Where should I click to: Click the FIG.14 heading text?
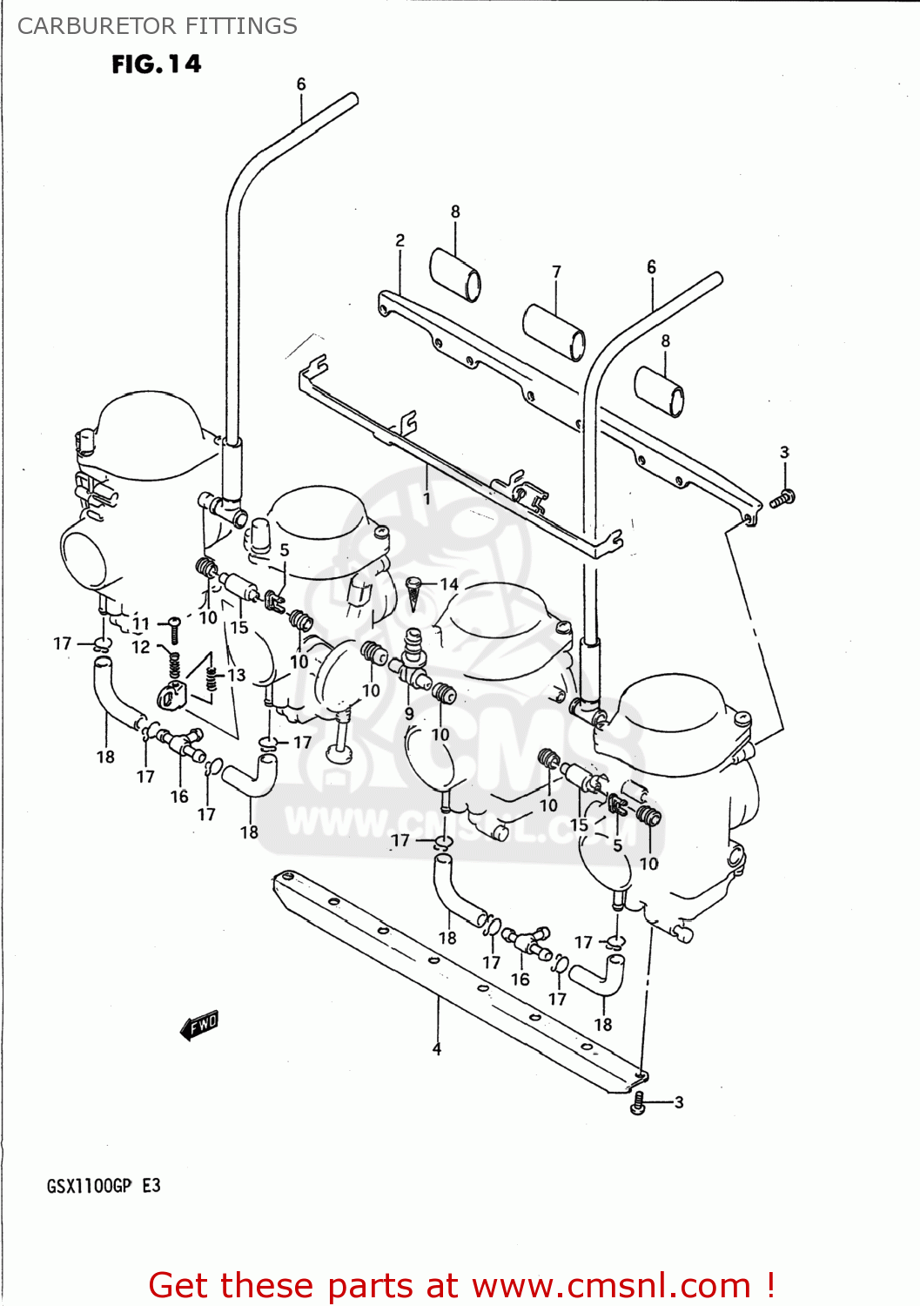coord(156,64)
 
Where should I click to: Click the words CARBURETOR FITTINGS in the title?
coord(158,26)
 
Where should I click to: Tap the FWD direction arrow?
coord(200,1025)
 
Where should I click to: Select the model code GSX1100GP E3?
coord(103,1186)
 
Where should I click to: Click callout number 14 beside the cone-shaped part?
coord(449,584)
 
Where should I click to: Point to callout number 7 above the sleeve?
coord(556,273)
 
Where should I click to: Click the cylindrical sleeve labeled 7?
coord(554,332)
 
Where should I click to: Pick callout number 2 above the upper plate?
coord(400,241)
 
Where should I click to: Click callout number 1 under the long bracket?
coord(426,499)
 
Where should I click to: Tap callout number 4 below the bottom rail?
coord(437,1049)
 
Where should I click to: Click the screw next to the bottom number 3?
coord(638,1104)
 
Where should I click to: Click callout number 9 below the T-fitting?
coord(409,714)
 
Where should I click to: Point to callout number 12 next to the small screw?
coord(141,647)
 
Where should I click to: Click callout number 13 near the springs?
coord(237,675)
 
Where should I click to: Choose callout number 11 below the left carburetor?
coord(141,623)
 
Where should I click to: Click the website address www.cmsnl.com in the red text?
coord(611,1285)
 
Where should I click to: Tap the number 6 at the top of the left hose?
coord(301,84)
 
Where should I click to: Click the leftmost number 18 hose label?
coord(105,757)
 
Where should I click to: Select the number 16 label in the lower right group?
coord(520,979)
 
